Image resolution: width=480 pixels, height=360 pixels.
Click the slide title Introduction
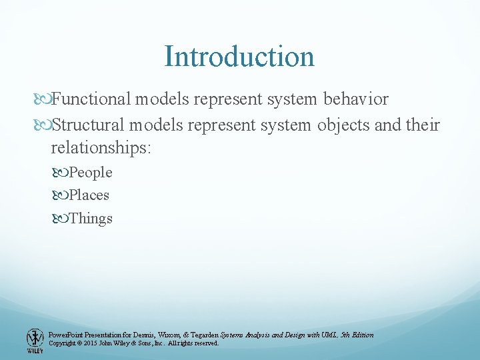[239, 56]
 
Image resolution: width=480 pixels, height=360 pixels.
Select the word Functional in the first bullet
[91, 99]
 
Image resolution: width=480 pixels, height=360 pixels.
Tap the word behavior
[355, 99]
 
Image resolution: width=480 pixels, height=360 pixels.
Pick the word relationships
[101, 147]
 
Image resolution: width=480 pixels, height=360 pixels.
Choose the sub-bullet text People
[91, 173]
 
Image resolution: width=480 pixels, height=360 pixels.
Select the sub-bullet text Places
[89, 195]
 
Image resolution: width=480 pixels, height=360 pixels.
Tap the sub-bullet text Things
[91, 218]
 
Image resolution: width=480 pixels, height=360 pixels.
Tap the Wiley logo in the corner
[34, 341]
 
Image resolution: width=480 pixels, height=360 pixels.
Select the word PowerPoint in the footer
[66, 335]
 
